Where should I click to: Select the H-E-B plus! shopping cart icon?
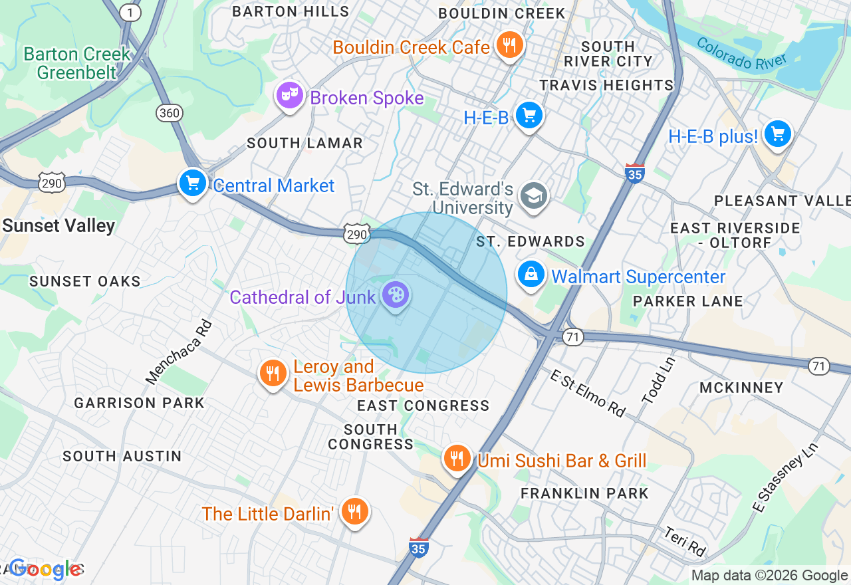(777, 134)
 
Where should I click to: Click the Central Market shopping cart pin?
(193, 182)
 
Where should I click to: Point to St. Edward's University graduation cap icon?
(534, 196)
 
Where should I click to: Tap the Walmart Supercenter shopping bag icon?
(531, 274)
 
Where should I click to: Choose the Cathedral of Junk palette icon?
(396, 294)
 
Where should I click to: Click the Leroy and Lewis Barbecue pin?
(273, 373)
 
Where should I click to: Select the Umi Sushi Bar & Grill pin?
(457, 458)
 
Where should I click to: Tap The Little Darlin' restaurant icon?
(354, 511)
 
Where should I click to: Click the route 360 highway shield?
(170, 113)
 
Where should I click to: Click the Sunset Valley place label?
(59, 226)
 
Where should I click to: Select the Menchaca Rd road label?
(179, 352)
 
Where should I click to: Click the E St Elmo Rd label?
(587, 393)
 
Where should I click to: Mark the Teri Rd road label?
(684, 542)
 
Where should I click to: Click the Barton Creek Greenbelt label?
(77, 63)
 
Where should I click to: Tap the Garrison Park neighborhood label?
(139, 403)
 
